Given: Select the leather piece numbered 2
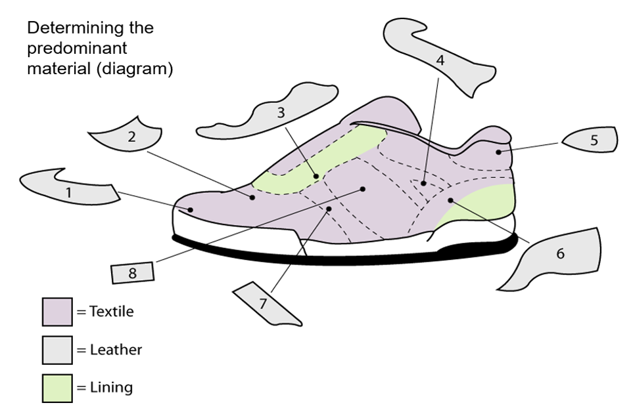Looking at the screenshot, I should [131, 136].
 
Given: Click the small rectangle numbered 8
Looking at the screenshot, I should [133, 273].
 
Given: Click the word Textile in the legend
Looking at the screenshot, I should [111, 311].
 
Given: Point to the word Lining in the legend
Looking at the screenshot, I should [111, 387].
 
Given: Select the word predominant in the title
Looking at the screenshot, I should [77, 49].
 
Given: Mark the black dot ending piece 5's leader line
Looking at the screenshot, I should [499, 152].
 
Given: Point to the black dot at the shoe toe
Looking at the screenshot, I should [190, 210].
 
